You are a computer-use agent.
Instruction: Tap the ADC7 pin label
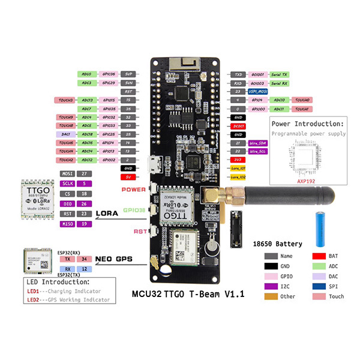click(87, 109)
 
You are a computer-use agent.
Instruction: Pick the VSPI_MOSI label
click(257, 91)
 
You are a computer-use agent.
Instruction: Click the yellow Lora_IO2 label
click(238, 178)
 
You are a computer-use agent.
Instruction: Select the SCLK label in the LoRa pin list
click(68, 183)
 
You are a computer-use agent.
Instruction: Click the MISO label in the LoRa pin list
click(68, 224)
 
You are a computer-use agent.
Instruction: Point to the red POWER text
click(133, 189)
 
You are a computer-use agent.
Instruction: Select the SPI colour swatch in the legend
click(317, 286)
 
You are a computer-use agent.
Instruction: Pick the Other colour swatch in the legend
click(271, 296)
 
